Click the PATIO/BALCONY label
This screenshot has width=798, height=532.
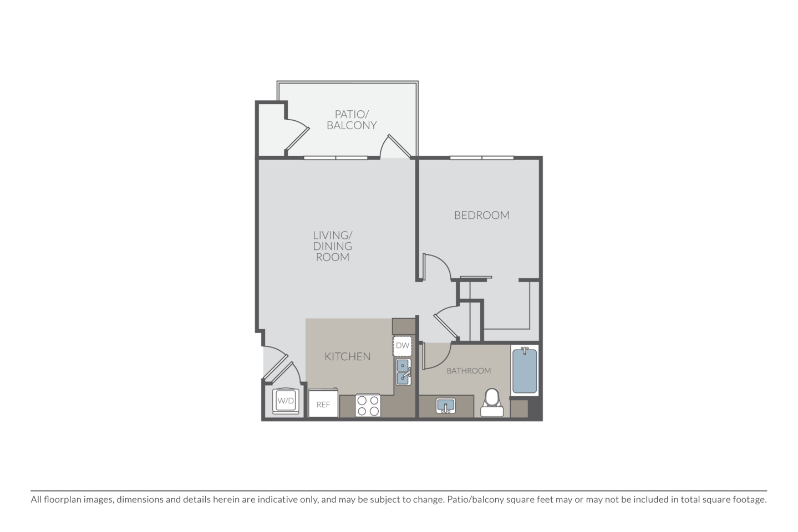click(x=352, y=120)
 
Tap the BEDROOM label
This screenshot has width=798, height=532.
click(x=481, y=215)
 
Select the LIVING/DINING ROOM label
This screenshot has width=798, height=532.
click(x=333, y=246)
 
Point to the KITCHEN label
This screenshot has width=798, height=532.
click(x=348, y=356)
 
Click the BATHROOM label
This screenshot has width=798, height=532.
click(x=469, y=371)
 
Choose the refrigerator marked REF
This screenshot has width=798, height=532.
click(x=323, y=405)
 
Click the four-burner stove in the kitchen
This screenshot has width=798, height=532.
click(x=368, y=405)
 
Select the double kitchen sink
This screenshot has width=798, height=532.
click(x=403, y=371)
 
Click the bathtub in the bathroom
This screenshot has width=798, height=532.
click(x=524, y=370)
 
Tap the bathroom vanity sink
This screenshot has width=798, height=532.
click(x=445, y=406)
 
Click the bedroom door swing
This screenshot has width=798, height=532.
click(x=436, y=268)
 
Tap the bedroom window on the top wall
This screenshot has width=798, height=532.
click(x=481, y=157)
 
